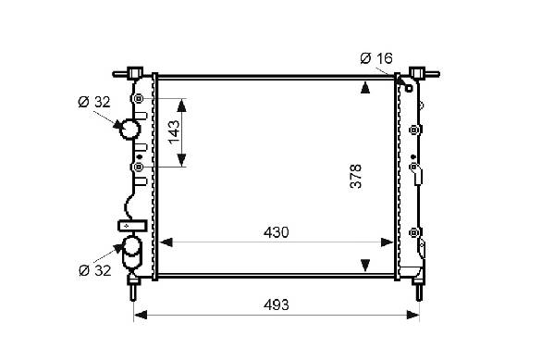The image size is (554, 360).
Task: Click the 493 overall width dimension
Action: (277, 304)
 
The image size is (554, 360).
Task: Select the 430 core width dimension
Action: (277, 232)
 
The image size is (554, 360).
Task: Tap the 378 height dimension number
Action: (356, 176)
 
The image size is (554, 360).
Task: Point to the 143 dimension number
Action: (174, 132)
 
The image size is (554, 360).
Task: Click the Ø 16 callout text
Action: (376, 58)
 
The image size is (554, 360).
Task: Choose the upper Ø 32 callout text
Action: (94, 102)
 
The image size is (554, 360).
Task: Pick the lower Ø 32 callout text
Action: (94, 270)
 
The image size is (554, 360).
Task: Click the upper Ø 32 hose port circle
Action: (129, 130)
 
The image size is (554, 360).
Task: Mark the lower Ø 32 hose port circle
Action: (131, 246)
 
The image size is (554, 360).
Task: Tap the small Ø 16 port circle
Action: (409, 88)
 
